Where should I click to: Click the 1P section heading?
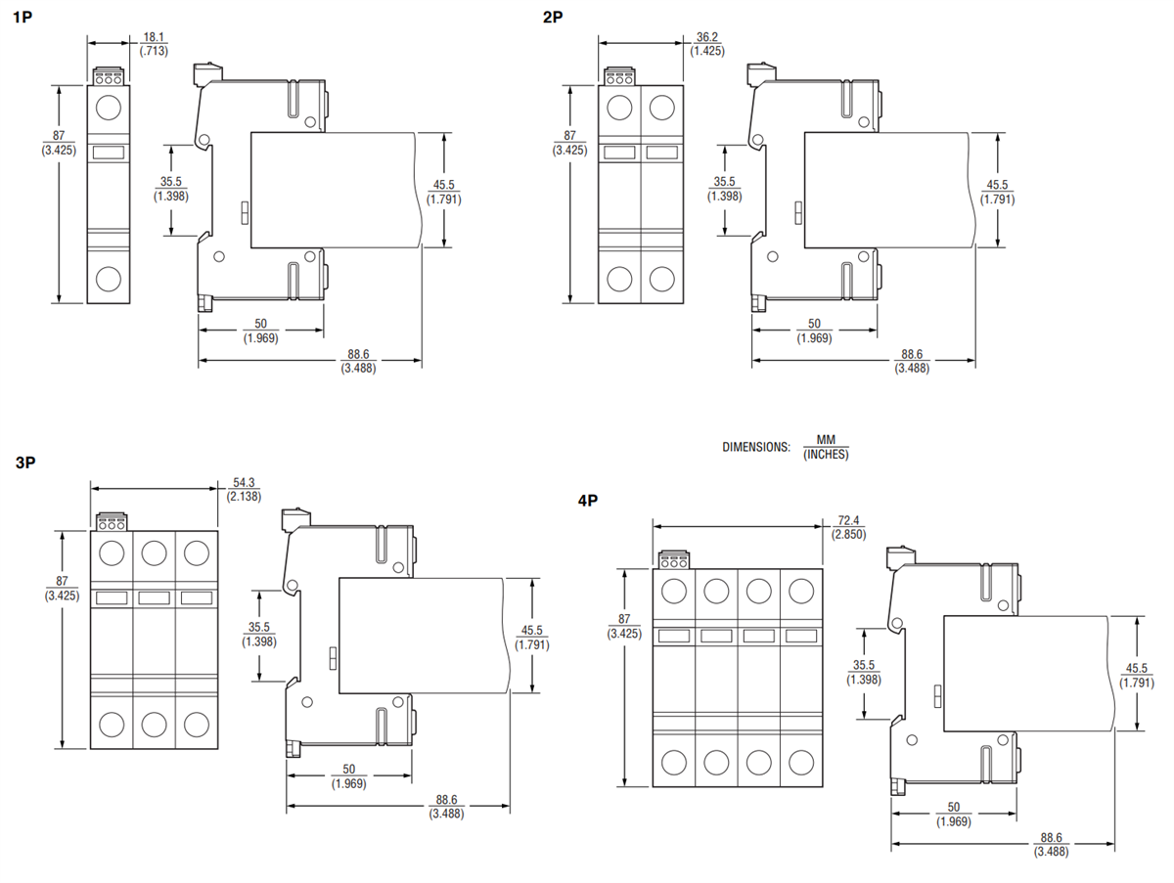tap(23, 17)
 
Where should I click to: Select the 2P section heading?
tap(553, 17)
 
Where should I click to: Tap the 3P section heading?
tap(25, 464)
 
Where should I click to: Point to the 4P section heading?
tap(587, 501)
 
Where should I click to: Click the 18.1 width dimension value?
tap(153, 37)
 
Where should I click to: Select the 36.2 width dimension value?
tap(706, 37)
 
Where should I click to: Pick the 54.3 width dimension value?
tap(244, 483)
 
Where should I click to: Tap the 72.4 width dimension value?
tap(847, 520)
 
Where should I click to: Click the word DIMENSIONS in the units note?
tap(755, 447)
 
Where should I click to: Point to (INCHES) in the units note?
tap(826, 454)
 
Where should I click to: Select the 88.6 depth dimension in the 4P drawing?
tap(1051, 838)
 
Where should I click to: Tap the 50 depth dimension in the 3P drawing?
tap(348, 770)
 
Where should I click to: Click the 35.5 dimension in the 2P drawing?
tap(724, 182)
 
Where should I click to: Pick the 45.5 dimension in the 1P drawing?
tap(444, 186)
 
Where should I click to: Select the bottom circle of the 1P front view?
tap(109, 278)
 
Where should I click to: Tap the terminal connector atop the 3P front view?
tap(111, 521)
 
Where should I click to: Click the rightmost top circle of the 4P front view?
tap(801, 591)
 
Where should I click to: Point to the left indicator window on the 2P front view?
tap(618, 153)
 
